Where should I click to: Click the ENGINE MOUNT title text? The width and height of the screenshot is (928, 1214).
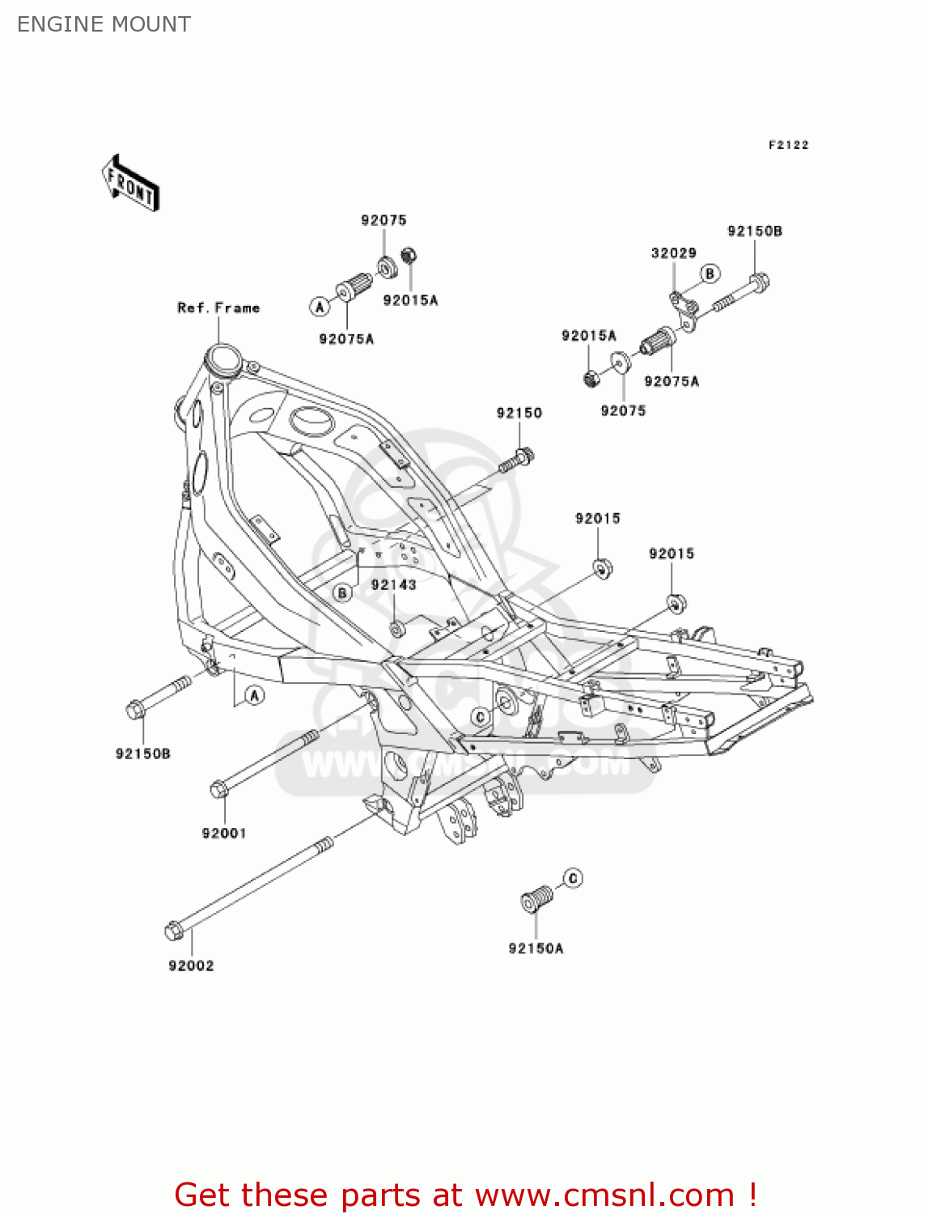tap(104, 24)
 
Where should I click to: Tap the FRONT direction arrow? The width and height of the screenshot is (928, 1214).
tap(130, 184)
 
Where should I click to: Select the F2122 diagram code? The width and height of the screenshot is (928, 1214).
tap(788, 145)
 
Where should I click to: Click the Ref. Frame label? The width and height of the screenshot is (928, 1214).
tap(218, 308)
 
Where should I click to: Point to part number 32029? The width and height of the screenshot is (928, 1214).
tap(673, 253)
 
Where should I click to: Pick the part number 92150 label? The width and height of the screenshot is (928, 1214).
tap(519, 413)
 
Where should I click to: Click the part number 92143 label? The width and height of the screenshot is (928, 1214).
tap(393, 584)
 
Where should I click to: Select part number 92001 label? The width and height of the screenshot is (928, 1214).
tap(223, 833)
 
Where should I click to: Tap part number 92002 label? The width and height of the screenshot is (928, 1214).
tap(191, 966)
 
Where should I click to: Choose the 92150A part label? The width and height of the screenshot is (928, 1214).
tap(536, 948)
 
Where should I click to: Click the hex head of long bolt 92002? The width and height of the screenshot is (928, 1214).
tap(173, 931)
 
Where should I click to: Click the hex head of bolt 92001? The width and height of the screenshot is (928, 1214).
tap(218, 789)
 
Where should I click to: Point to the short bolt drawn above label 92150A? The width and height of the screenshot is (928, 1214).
tap(536, 898)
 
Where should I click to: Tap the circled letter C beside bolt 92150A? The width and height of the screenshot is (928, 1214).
tap(573, 878)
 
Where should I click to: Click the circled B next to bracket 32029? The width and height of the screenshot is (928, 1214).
tap(710, 274)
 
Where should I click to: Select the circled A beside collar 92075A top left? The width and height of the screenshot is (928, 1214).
tap(320, 307)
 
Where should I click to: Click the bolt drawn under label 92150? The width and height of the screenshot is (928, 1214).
tap(517, 461)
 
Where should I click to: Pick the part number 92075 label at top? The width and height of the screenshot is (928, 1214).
tap(383, 220)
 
